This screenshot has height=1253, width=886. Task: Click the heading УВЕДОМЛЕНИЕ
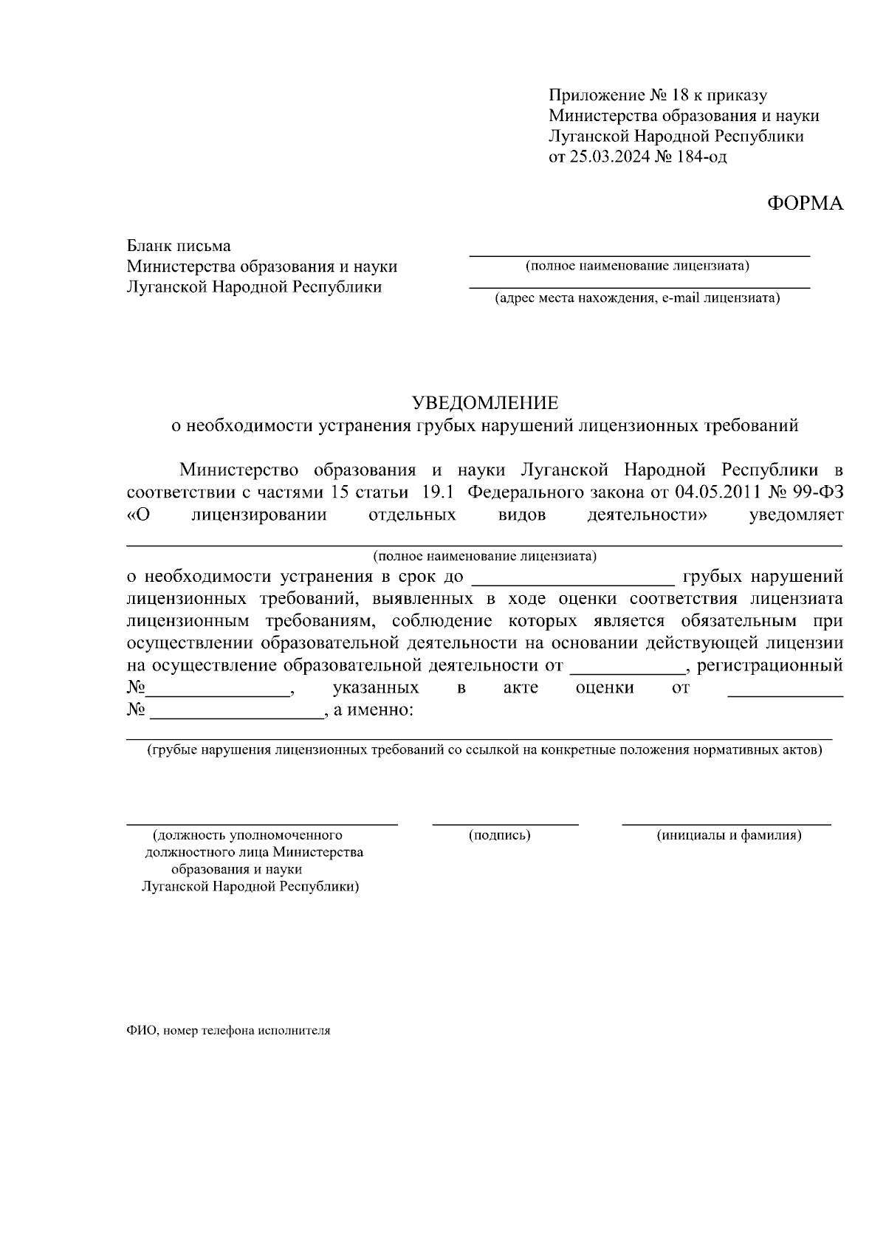485,403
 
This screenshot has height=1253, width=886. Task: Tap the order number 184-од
697,157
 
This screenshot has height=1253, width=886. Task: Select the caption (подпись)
500,835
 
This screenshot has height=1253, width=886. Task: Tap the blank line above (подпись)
505,822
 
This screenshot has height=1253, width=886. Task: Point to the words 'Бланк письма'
179,246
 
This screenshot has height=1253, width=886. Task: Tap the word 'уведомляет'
796,515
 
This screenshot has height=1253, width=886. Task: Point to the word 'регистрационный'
770,666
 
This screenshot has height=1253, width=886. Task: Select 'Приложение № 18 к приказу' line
658,95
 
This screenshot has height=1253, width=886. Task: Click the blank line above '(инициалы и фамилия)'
727,822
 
